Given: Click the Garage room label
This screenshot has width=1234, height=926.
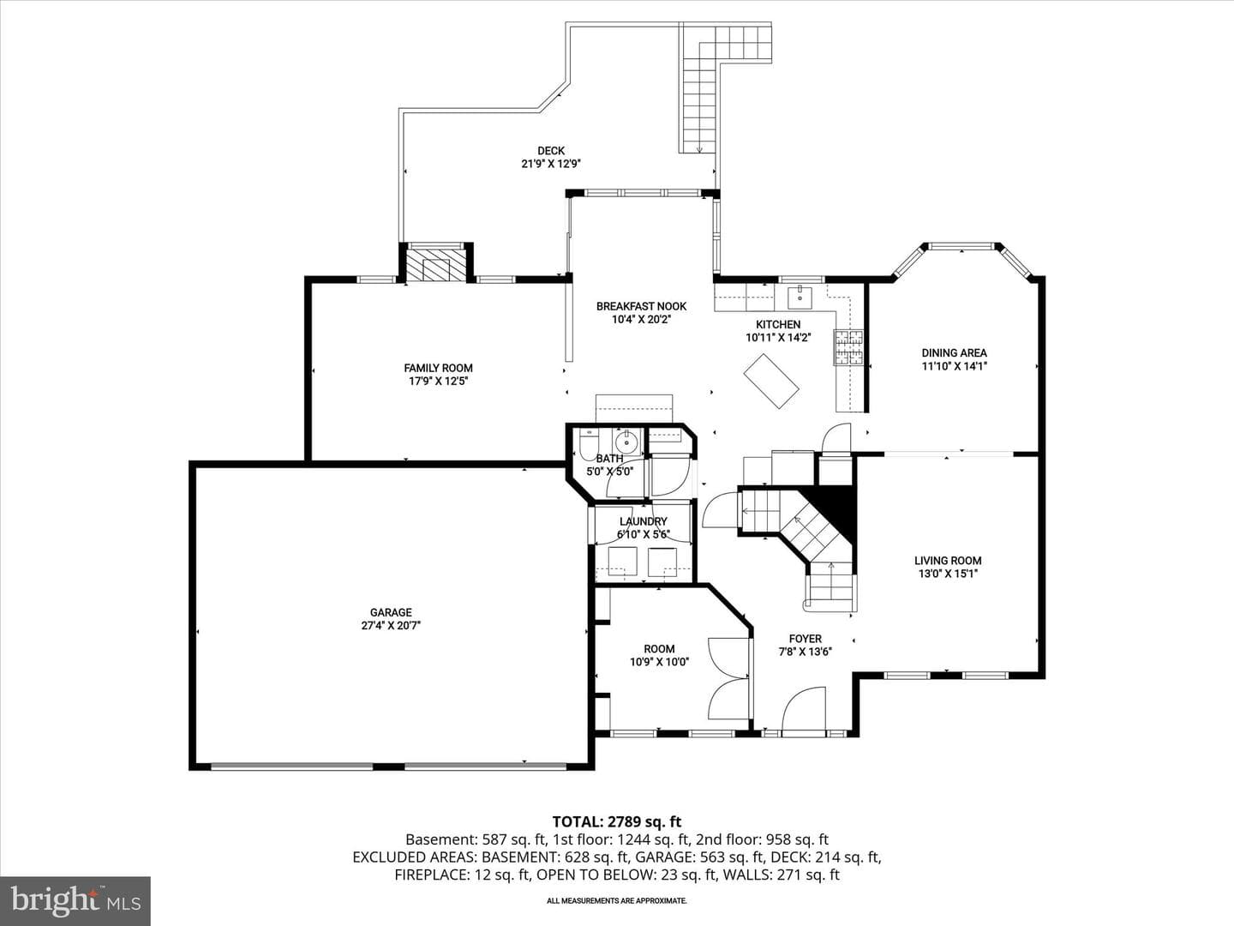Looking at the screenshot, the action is coord(391,612).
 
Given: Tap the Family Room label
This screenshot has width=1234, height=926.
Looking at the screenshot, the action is coord(438,369).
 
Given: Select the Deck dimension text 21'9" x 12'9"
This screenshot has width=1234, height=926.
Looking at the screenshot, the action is coord(550,164).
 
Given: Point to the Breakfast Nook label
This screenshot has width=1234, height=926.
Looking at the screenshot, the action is coord(642,306).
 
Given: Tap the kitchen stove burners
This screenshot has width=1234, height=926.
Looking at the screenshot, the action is coord(848,347).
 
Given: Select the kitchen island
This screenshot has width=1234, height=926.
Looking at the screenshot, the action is coord(771,381).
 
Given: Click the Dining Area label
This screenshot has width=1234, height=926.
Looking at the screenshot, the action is coord(954,353).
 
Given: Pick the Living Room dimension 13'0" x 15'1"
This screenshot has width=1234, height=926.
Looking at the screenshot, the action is coord(948,574).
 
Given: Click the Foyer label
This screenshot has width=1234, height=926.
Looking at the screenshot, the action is coord(805,639).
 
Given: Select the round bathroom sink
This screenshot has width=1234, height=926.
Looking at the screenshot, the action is coord(626,443).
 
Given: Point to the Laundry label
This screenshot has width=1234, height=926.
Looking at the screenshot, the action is coord(644,522).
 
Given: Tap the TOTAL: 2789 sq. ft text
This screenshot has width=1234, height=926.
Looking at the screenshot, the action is coord(617,822).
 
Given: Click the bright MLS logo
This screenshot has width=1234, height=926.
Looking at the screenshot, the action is coord(75,900).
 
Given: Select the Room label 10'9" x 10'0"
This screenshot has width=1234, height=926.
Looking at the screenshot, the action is coord(660,656).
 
